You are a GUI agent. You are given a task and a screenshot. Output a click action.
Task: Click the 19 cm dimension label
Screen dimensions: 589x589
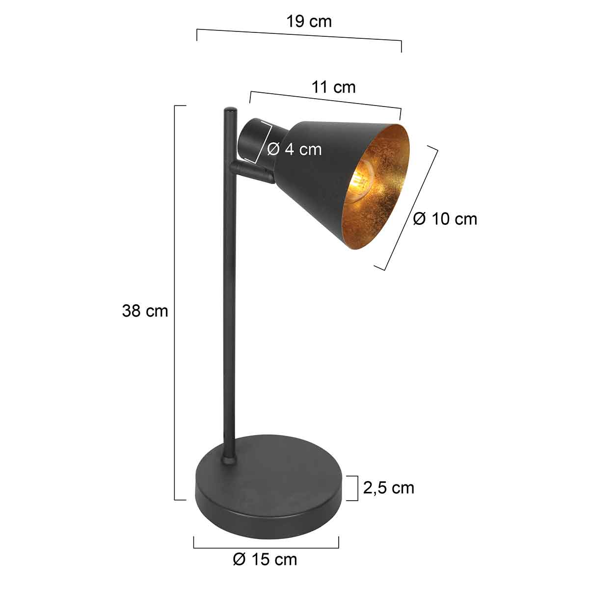pos(309,22)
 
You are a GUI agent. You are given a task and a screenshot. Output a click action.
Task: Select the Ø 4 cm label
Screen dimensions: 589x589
pos(294,149)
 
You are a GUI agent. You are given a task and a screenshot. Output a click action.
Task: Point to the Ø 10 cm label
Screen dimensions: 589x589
pos(445,218)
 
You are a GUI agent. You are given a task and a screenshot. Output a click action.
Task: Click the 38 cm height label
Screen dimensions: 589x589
pos(145,311)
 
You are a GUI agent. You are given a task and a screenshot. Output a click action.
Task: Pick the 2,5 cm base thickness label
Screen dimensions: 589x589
pos(389,487)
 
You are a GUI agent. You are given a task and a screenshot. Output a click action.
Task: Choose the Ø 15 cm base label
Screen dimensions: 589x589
pos(265,559)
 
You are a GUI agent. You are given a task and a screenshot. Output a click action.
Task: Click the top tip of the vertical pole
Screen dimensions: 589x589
pos(230,109)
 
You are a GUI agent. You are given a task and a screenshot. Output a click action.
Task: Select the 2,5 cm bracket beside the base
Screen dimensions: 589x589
pos(356,488)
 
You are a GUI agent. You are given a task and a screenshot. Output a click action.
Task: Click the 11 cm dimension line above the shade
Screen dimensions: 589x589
pos(325,101)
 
